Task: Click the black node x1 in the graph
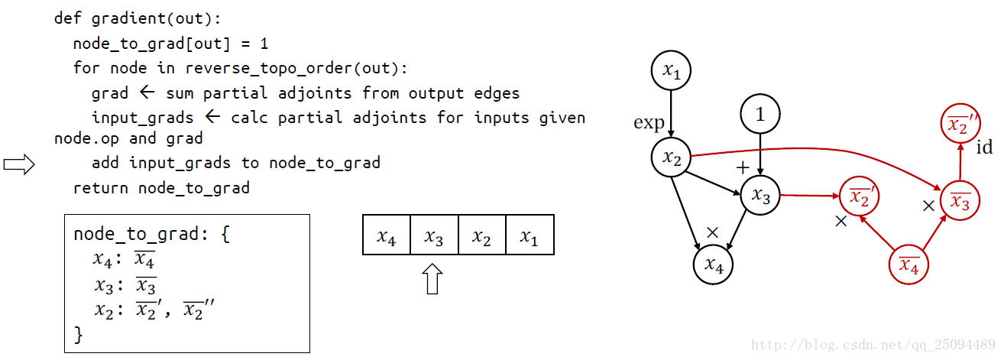click(671, 72)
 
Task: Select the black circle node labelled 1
click(759, 115)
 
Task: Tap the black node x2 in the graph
click(671, 157)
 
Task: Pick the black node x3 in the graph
click(760, 195)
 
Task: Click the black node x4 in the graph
click(713, 265)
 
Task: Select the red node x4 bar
click(908, 265)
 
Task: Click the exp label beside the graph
click(649, 123)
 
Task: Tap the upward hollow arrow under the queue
click(432, 279)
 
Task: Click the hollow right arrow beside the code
click(19, 164)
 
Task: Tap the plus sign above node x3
click(741, 167)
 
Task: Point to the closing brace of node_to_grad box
click(78, 334)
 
